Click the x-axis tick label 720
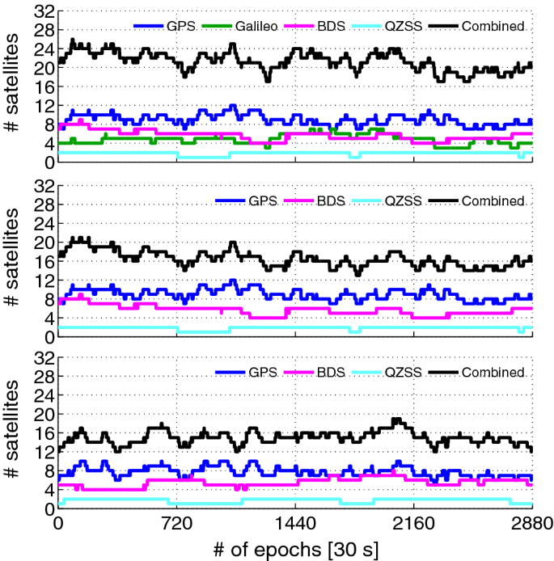tap(176, 523)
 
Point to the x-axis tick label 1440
tap(295, 523)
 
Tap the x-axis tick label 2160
tap(413, 523)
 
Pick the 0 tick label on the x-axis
tap(58, 523)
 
